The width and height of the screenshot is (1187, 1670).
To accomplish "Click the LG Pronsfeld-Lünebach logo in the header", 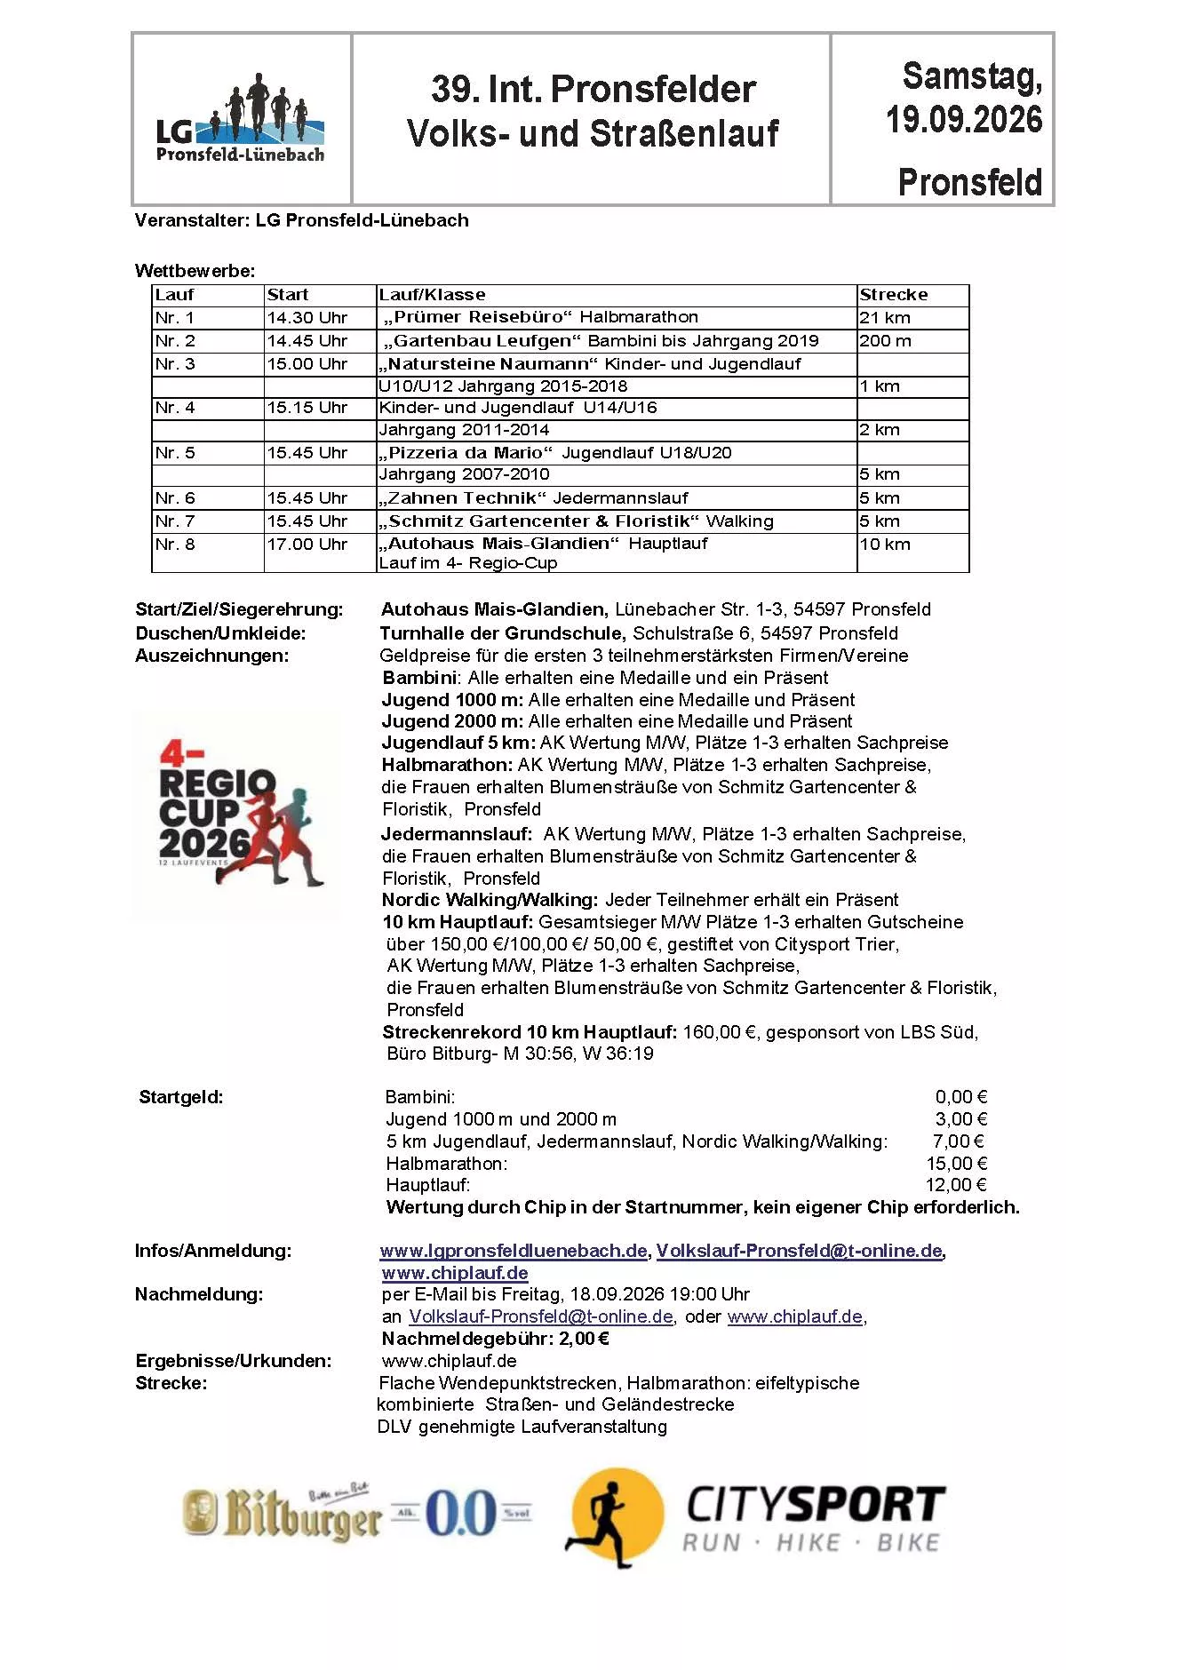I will (x=240, y=120).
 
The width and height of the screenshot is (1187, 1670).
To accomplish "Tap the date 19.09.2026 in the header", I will (x=964, y=120).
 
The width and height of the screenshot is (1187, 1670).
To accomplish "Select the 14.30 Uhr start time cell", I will (x=307, y=318).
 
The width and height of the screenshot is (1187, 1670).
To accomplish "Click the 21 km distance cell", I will (x=885, y=318).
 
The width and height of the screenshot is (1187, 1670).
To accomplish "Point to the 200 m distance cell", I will (x=885, y=341).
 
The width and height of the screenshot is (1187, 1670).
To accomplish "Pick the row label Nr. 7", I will (x=175, y=521).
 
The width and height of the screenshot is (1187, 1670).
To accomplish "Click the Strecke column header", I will (x=893, y=295).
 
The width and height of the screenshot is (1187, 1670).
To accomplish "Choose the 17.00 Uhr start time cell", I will (x=307, y=545).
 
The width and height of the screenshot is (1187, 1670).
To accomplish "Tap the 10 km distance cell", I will (x=885, y=545).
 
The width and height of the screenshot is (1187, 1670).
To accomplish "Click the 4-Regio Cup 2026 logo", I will (x=238, y=813).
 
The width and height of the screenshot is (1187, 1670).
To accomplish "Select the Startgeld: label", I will (x=181, y=1097).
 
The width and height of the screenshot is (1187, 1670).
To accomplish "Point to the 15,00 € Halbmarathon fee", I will (x=957, y=1164).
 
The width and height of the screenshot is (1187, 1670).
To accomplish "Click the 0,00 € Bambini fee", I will (x=961, y=1097).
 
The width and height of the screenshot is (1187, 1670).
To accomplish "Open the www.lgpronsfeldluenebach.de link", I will (x=514, y=1251).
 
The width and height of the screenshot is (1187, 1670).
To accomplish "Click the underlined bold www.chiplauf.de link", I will (x=455, y=1273).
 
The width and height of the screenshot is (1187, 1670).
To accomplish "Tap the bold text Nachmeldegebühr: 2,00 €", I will (x=496, y=1339).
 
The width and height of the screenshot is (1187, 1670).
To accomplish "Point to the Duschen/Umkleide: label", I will (x=220, y=633).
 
